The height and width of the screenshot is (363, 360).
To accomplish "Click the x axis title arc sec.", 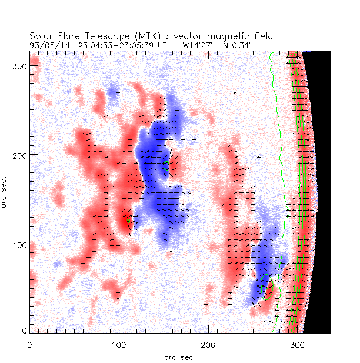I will [x=180, y=357].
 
